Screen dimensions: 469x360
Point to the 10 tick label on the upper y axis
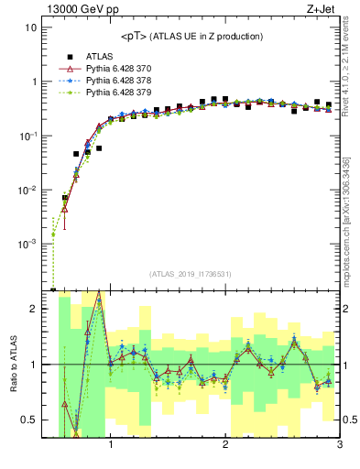point(30,27)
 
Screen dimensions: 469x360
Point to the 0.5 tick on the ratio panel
point(28,420)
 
